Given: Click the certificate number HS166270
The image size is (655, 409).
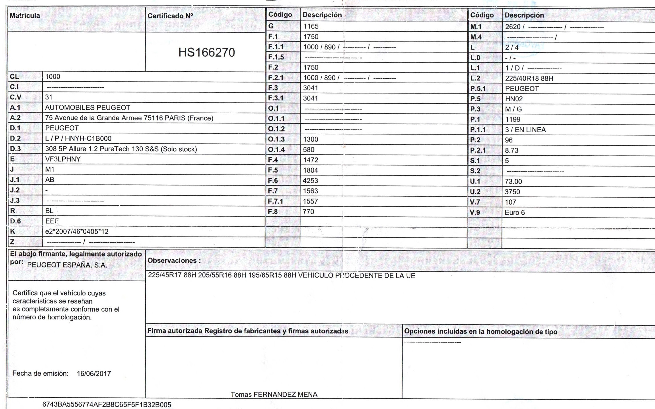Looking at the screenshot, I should click(206, 52).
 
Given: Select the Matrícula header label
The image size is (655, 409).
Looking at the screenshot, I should click(25, 16).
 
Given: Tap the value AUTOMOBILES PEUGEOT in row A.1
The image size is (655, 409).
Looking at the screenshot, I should click(87, 108).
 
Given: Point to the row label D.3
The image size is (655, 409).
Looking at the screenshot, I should click(16, 149).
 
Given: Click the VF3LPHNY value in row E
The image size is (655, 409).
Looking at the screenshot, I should click(63, 159).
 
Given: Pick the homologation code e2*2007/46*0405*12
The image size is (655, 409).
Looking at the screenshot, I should click(77, 232).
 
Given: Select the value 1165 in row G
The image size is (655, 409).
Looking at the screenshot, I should click(311, 26).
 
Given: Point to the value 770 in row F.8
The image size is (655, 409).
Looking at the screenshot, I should click(308, 211).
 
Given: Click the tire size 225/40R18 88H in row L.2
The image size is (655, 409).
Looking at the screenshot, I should click(529, 78).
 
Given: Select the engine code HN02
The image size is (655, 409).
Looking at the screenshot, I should click(514, 99).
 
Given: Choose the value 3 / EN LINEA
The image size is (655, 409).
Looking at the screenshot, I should click(525, 130).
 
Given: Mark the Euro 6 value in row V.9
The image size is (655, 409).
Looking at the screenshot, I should click(515, 212).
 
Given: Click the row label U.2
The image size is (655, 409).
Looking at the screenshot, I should click(475, 192).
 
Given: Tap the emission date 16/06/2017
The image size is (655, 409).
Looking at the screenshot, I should click(94, 374).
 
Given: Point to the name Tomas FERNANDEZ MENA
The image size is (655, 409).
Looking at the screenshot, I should click(274, 394).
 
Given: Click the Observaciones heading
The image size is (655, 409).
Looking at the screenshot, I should click(174, 260).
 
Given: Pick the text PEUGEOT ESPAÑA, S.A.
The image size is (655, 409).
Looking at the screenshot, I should click(67, 265).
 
